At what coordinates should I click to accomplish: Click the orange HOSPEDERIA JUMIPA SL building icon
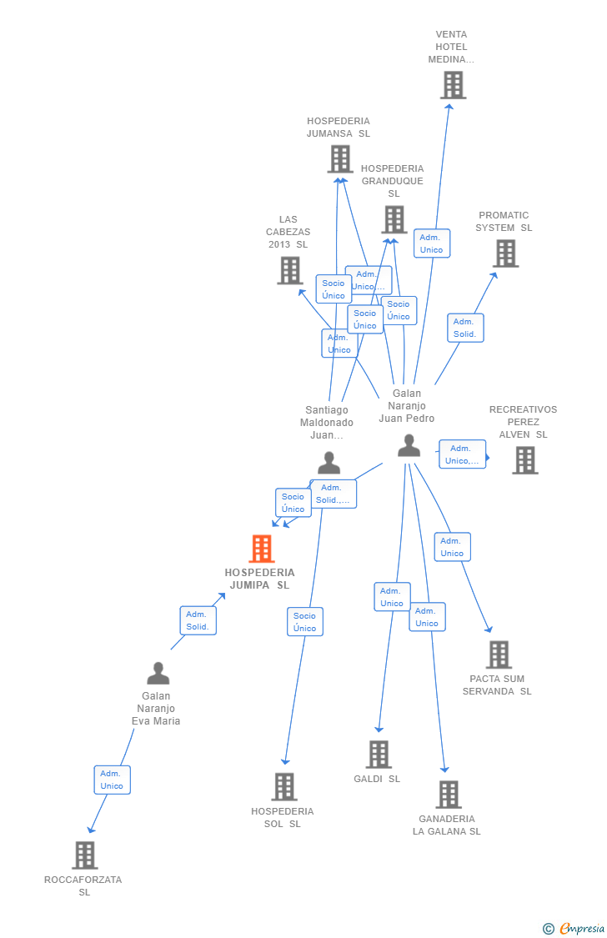click(x=262, y=549)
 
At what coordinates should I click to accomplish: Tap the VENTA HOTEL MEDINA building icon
click(x=453, y=85)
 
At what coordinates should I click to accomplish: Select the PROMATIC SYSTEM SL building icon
click(x=505, y=253)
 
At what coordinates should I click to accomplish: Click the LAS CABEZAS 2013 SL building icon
click(x=289, y=270)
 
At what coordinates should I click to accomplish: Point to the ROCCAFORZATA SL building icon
click(x=84, y=855)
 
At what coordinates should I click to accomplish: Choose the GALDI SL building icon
click(x=378, y=754)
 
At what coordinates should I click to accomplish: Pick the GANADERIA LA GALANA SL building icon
click(x=448, y=795)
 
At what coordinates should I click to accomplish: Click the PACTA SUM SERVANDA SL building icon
click(x=499, y=655)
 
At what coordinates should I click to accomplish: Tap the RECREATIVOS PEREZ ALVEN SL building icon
click(x=524, y=459)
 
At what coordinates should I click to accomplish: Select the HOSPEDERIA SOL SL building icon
click(x=283, y=786)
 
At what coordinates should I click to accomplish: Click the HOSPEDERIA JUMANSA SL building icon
click(x=339, y=158)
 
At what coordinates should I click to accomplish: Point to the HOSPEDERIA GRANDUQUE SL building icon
click(x=394, y=219)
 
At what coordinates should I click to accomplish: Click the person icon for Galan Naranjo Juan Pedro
click(x=409, y=446)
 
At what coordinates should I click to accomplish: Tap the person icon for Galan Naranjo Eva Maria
click(x=158, y=673)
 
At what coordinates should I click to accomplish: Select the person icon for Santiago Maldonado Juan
click(x=329, y=463)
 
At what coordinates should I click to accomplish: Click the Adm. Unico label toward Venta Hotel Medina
click(x=431, y=243)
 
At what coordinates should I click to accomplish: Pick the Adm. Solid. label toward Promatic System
click(x=464, y=328)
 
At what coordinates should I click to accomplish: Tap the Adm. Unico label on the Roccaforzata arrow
click(x=112, y=780)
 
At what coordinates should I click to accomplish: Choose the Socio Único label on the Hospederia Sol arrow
click(x=304, y=622)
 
